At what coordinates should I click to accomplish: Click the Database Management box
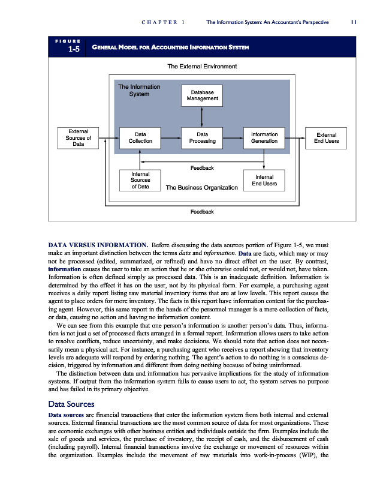(x=201, y=95)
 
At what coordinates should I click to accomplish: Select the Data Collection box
(x=140, y=138)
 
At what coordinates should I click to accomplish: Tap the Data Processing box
(x=202, y=138)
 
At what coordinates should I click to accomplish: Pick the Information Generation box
(x=264, y=138)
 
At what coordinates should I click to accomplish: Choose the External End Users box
(x=326, y=138)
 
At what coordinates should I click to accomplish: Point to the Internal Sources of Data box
(x=140, y=180)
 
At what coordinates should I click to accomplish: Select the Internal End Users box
(x=264, y=180)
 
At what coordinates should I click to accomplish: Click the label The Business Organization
(x=201, y=188)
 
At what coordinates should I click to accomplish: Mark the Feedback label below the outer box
(x=201, y=212)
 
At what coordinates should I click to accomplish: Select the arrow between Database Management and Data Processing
(x=202, y=116)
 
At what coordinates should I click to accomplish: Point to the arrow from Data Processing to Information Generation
(x=233, y=138)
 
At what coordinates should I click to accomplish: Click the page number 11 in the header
(x=354, y=22)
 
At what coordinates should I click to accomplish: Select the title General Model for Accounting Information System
(x=170, y=47)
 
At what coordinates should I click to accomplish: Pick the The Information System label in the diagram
(x=139, y=90)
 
